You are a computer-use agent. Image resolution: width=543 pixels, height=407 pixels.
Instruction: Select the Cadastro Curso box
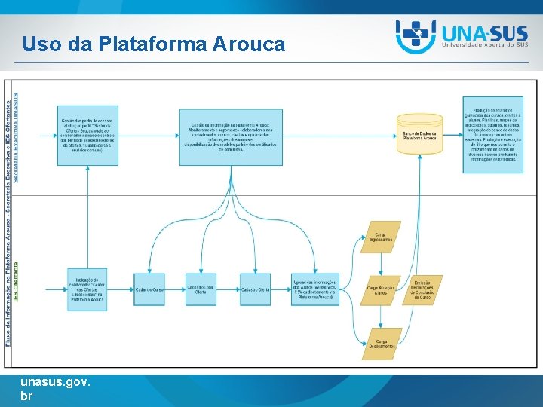pos(149,289)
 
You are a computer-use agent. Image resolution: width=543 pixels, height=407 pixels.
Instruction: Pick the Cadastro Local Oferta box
pos(201,289)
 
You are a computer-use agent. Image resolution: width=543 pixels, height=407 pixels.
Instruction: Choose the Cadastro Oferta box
pos(255,289)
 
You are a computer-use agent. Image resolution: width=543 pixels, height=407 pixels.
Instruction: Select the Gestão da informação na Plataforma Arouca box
pos(231,138)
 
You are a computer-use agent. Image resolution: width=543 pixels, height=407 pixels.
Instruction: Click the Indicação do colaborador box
pos(87,289)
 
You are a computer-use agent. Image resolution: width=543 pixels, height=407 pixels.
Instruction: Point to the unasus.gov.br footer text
pos(56,388)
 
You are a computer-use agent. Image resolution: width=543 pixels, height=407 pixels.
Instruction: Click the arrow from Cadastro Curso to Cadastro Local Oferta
pos(175,289)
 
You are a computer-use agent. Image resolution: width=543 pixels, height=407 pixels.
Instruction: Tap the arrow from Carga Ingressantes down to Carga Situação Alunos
pos(381,264)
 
